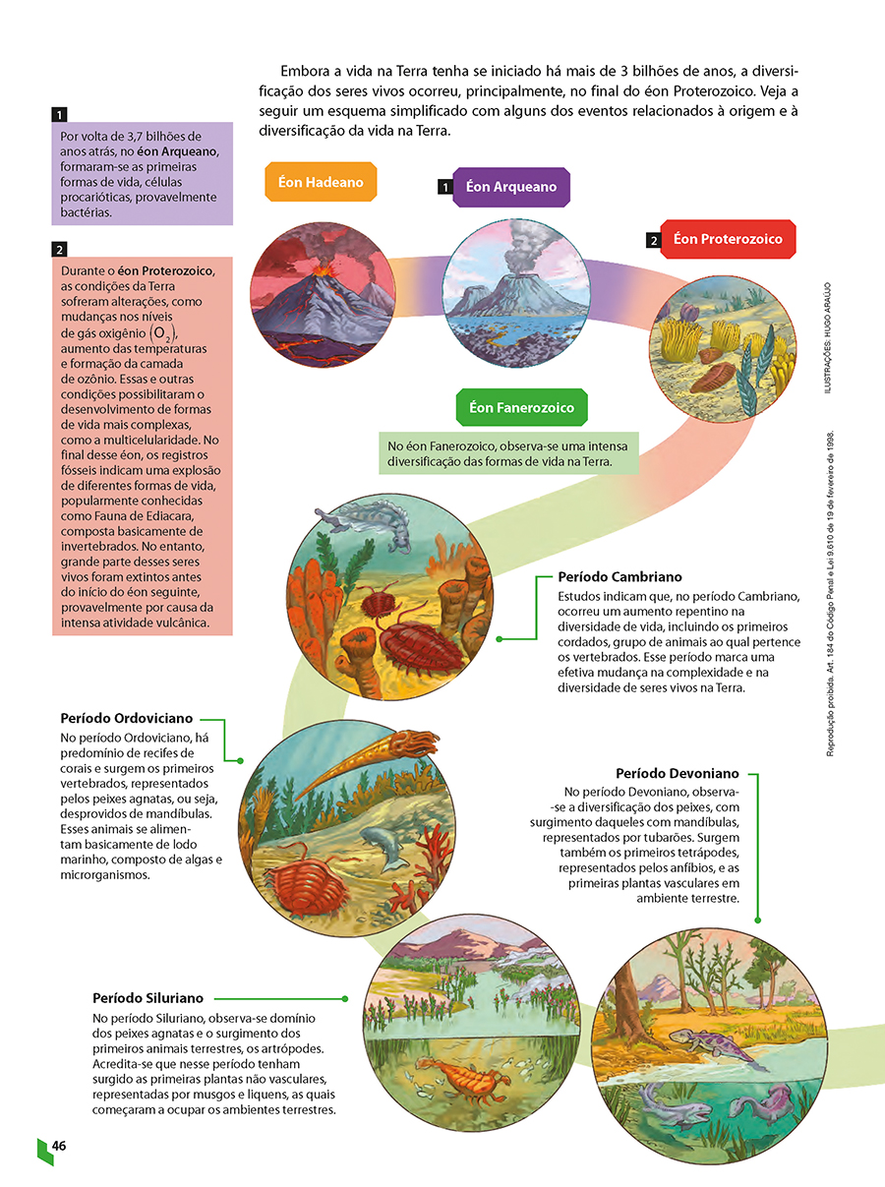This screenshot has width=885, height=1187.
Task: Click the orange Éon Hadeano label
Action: (321, 182)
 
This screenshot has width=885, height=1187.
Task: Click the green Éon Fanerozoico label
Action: (521, 407)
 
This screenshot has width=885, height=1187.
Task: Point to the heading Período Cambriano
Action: (619, 577)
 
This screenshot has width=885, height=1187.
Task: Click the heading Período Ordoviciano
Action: (127, 719)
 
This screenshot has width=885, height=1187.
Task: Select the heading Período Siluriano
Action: (147, 998)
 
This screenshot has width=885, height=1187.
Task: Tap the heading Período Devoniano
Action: (677, 774)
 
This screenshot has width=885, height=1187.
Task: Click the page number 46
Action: (59, 1146)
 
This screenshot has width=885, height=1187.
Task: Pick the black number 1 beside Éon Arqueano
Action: (445, 186)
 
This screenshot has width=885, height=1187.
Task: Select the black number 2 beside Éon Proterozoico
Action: (653, 240)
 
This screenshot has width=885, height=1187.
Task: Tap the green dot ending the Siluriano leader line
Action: (346, 998)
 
